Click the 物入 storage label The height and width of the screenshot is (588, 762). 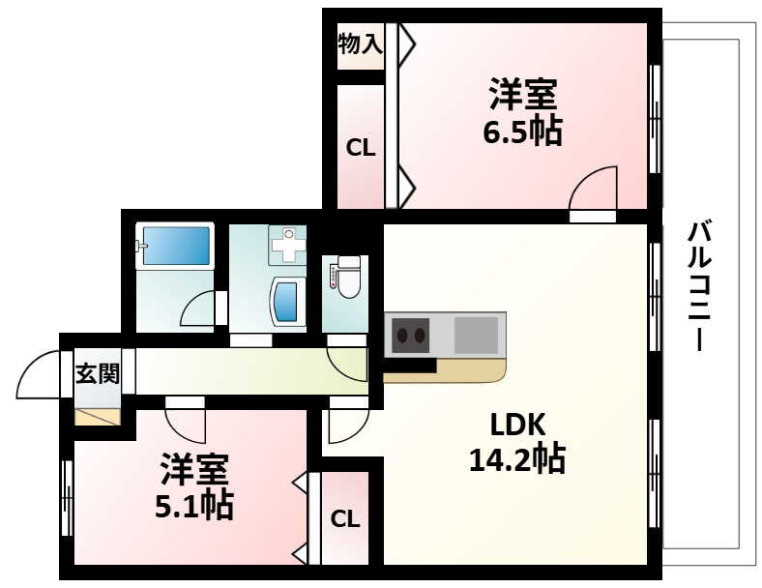coord(361,43)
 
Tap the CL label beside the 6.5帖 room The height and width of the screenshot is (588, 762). coord(361,148)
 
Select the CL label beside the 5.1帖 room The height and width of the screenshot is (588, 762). coord(345,518)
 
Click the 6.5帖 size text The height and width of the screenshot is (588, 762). coord(521,131)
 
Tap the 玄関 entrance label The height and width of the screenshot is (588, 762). coord(98,372)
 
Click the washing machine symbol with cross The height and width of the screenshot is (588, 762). coord(287,247)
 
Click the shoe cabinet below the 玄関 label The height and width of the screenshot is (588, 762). coord(98,416)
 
